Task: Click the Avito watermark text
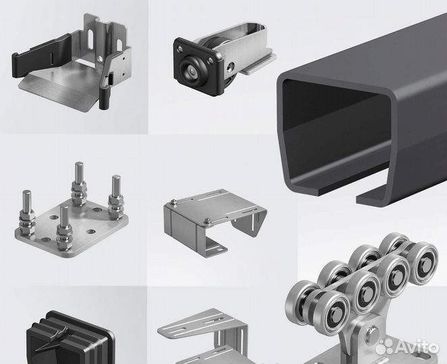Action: click(x=418, y=346)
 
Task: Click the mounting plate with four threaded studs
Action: click(x=71, y=222)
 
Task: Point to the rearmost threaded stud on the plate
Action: click(x=80, y=183)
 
